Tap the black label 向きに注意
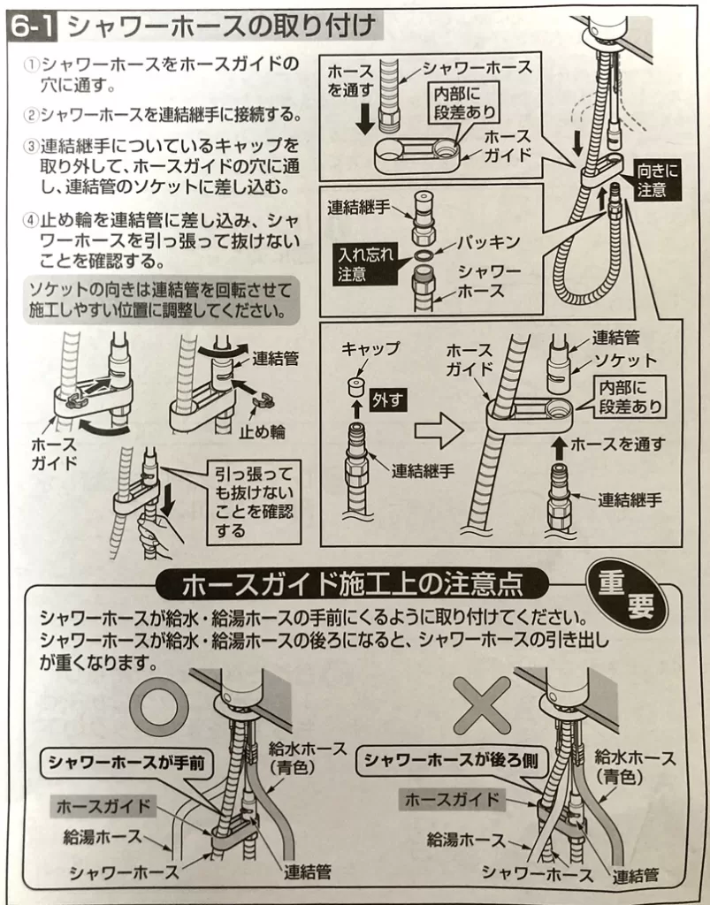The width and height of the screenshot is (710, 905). (657, 179)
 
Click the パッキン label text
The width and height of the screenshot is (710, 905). (488, 242)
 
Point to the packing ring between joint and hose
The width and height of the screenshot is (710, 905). (424, 255)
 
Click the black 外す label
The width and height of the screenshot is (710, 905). (387, 399)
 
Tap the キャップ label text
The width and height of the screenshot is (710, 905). (370, 349)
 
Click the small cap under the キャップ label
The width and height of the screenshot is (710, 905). (357, 386)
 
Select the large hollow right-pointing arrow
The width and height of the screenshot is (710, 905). (439, 430)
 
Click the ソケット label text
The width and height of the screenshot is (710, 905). (625, 361)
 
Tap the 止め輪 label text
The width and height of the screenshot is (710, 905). (262, 431)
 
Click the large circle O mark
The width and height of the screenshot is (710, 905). (160, 706)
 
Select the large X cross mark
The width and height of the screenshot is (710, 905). (482, 705)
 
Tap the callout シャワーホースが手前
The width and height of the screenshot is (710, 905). (126, 763)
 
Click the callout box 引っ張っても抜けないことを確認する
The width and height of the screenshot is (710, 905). (254, 502)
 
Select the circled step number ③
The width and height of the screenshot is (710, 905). (30, 146)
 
